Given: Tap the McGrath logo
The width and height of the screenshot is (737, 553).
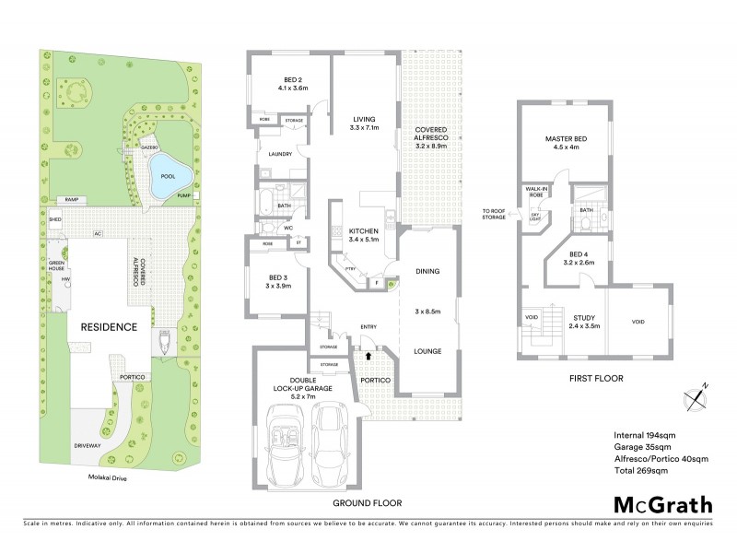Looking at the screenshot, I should (x=663, y=504).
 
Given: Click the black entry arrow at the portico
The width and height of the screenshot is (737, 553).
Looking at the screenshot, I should (x=369, y=352).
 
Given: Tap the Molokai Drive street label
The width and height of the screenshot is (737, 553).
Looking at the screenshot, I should (x=100, y=478).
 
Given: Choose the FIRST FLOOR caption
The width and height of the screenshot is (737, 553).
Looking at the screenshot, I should (x=596, y=378).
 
